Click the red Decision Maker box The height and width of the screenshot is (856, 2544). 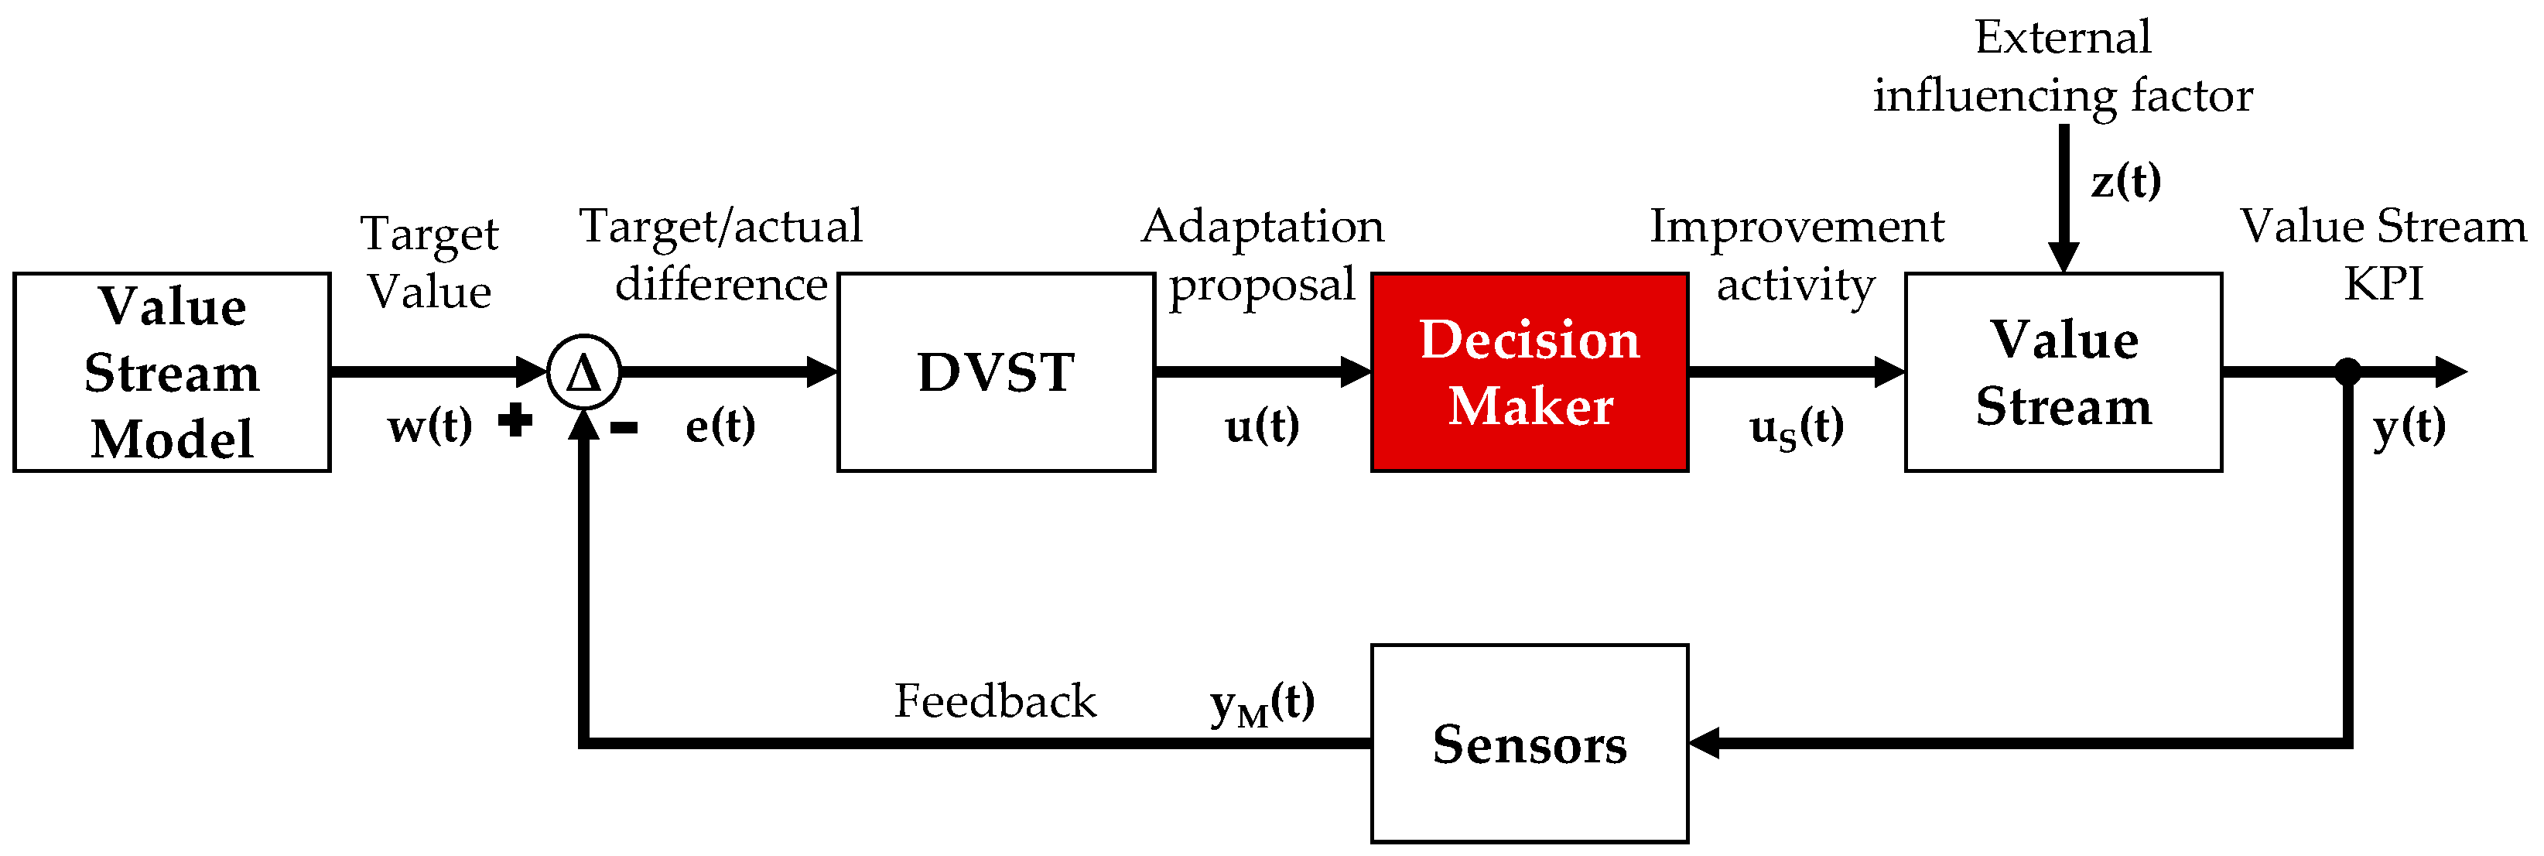[x=1529, y=372]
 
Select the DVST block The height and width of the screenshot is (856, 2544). [x=996, y=372]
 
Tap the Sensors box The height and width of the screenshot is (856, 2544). [x=1529, y=744]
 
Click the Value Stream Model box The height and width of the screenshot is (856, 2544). [x=172, y=372]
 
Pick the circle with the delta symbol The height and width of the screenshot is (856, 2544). [x=583, y=372]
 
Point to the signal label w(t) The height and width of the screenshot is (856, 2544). [x=429, y=426]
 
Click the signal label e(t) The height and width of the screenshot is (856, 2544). [x=720, y=426]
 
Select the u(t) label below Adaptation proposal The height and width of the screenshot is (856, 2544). [x=1262, y=426]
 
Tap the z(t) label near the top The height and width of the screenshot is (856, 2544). [x=2126, y=180]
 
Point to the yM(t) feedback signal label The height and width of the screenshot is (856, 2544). [x=1262, y=704]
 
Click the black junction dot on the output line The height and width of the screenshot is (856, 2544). [x=2347, y=372]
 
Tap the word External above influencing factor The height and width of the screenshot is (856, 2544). [x=2062, y=37]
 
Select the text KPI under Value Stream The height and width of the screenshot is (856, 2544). [x=2383, y=284]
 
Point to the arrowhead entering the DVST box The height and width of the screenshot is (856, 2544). [x=822, y=372]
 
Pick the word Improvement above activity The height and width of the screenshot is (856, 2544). [x=1797, y=227]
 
